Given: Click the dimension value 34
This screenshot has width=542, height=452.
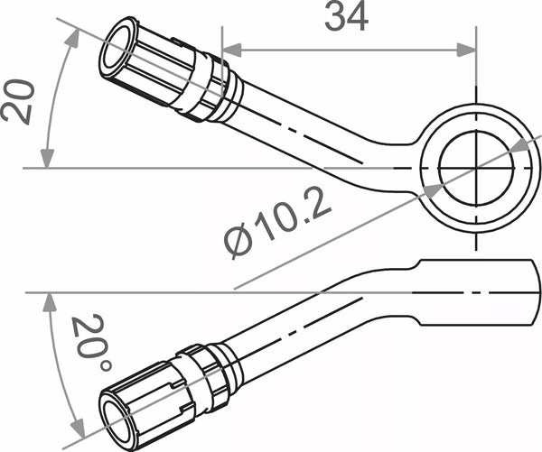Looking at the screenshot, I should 347,16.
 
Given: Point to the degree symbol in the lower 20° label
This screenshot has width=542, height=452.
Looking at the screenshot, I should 105,364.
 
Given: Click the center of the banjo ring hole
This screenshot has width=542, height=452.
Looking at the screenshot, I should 475,168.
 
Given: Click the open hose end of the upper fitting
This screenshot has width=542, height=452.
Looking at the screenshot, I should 117,45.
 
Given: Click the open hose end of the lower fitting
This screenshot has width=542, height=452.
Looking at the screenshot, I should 118,418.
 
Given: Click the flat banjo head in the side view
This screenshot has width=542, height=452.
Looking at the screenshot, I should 470,293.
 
